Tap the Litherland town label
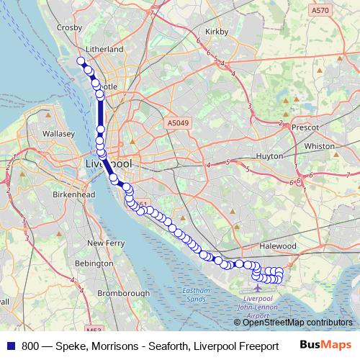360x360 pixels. pyautogui.click(x=104, y=49)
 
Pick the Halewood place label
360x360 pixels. pyautogui.click(x=278, y=246)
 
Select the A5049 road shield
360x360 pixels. pyautogui.click(x=177, y=123)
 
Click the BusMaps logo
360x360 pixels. pyautogui.click(x=325, y=345)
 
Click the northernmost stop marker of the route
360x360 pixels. pyautogui.click(x=81, y=61)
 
